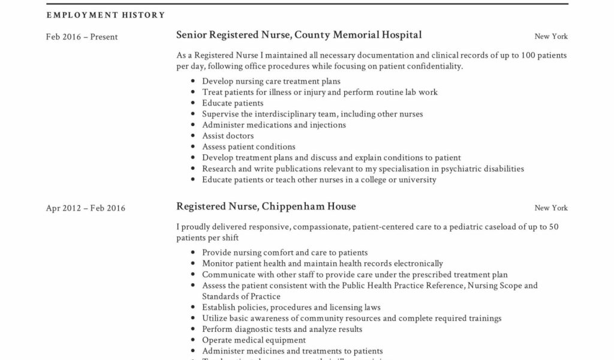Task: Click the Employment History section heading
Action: click(x=106, y=15)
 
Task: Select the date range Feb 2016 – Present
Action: click(x=82, y=37)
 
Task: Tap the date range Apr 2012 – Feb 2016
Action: click(x=86, y=208)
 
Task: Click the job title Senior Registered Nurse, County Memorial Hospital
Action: click(x=299, y=35)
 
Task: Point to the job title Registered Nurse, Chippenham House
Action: click(x=266, y=206)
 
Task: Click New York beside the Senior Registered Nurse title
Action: click(x=550, y=37)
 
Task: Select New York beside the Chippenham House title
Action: click(x=550, y=208)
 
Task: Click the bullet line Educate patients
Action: click(x=233, y=103)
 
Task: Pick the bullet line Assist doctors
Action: click(x=228, y=136)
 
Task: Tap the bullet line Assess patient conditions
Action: click(x=249, y=146)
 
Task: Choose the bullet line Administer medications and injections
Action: click(x=274, y=125)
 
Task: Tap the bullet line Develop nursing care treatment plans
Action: click(x=271, y=81)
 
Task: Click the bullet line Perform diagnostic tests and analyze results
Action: click(x=282, y=329)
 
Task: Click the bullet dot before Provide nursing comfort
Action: click(x=192, y=253)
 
